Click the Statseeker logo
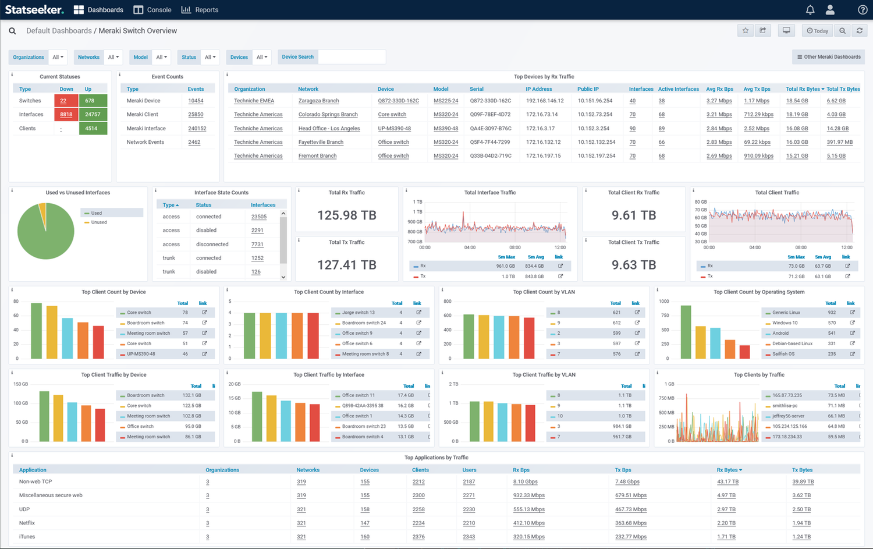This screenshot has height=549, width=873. [x=34, y=9]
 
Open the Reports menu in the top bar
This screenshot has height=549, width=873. [x=200, y=10]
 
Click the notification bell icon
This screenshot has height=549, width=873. [x=810, y=10]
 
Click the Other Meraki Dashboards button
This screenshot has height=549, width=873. [x=828, y=57]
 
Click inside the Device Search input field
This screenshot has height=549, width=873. [x=352, y=57]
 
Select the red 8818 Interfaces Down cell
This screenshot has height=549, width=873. [x=66, y=115]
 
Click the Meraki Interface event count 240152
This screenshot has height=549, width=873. [x=197, y=129]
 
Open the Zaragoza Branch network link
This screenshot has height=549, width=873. [x=318, y=101]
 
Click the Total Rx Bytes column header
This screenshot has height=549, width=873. [x=804, y=89]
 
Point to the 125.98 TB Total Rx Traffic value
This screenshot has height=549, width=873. [x=346, y=215]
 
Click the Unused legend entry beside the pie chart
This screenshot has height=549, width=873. [x=99, y=222]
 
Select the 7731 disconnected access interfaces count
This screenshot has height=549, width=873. [x=257, y=245]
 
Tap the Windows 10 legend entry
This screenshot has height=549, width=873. [x=785, y=323]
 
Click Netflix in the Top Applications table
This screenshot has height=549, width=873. [x=27, y=523]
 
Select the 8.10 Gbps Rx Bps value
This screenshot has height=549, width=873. [x=525, y=482]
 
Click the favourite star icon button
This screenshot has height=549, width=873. [x=745, y=31]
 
